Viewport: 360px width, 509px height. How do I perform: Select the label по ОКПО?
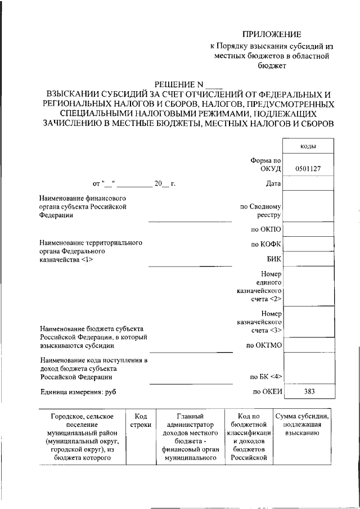pyautogui.click(x=266, y=229)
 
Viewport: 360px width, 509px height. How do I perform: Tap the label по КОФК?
pyautogui.click(x=266, y=244)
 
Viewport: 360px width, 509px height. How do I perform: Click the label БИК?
pyautogui.click(x=274, y=259)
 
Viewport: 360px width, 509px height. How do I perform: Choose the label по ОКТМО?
pyautogui.click(x=264, y=344)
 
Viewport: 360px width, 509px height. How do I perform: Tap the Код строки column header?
pyautogui.click(x=141, y=421)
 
